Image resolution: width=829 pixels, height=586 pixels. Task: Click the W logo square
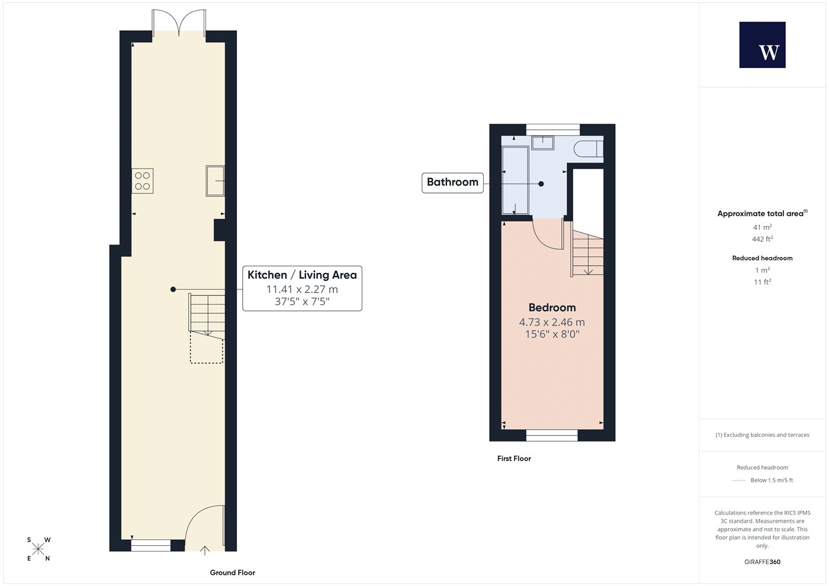(763, 45)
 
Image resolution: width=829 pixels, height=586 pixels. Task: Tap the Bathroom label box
(452, 183)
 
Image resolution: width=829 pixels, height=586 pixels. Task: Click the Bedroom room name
(552, 307)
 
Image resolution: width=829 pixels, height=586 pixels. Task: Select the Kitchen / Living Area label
(302, 275)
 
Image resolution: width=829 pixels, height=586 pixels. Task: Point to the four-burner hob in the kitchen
(143, 181)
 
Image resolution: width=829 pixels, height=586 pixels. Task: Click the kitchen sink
(215, 181)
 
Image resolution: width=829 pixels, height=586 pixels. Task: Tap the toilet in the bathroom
(589, 149)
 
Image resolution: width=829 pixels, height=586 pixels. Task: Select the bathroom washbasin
(542, 143)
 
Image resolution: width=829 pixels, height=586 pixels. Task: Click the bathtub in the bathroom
(515, 180)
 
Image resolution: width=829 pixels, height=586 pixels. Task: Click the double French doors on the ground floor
(179, 23)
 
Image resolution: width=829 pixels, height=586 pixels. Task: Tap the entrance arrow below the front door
(205, 550)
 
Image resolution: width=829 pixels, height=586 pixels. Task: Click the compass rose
(38, 549)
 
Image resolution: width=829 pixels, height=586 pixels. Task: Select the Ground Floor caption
(232, 573)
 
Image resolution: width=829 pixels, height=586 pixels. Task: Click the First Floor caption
(514, 459)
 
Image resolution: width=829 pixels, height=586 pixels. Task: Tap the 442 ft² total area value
(763, 239)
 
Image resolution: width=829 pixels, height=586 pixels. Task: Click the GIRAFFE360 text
(763, 562)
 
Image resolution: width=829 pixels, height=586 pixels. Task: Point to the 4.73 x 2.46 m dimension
(552, 322)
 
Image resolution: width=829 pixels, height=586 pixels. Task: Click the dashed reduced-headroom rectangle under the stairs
(207, 347)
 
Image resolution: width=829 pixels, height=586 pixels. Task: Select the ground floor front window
(151, 546)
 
